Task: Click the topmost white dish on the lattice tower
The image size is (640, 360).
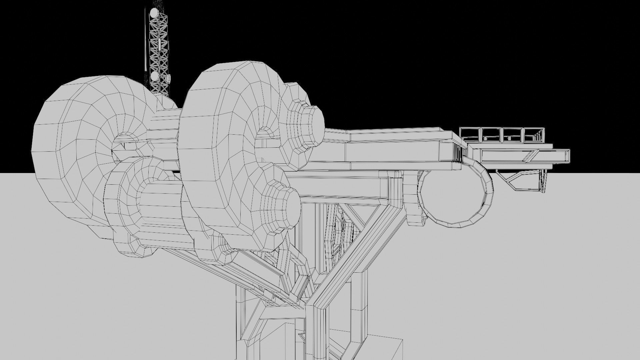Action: point(154,13)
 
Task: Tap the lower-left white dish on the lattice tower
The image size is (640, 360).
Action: point(154,77)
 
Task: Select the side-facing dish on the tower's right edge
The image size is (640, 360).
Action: point(169,79)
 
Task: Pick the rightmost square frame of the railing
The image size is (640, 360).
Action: point(535,135)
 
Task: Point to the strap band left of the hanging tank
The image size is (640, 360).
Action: point(412,197)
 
